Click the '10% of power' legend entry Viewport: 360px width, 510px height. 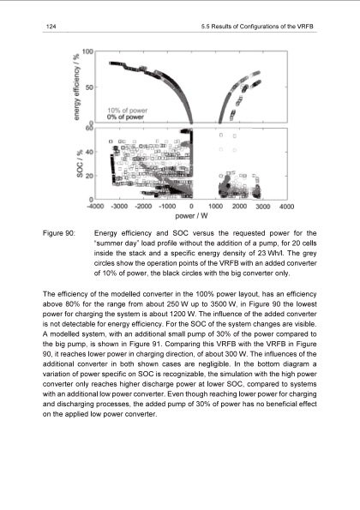point(126,110)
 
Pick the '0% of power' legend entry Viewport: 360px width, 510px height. point(124,117)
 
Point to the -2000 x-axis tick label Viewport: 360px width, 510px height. point(144,206)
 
